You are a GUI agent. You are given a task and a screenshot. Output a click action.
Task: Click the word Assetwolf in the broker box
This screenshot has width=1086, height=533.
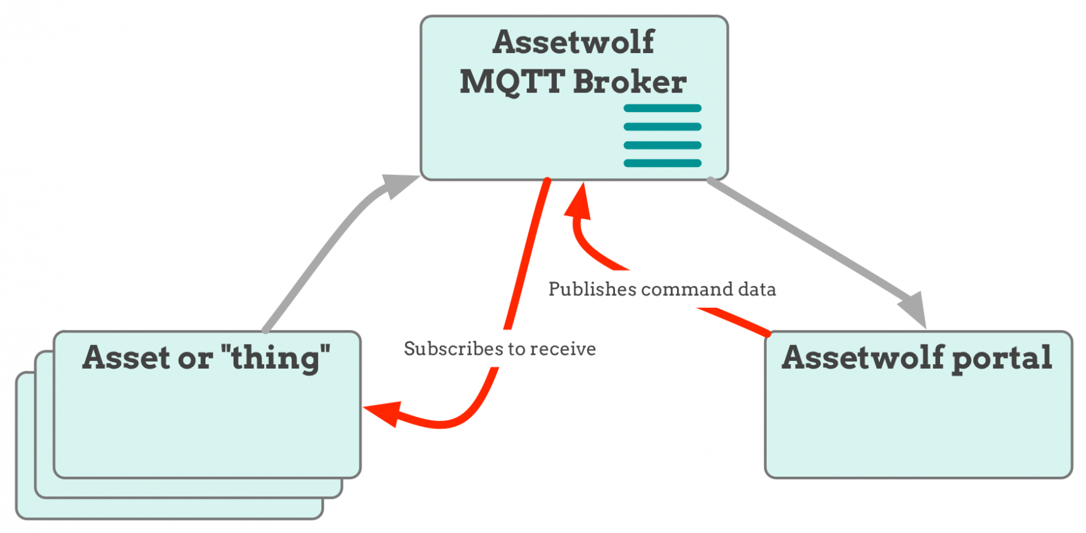573,42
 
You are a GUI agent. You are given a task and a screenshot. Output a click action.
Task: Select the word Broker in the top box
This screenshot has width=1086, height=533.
629,83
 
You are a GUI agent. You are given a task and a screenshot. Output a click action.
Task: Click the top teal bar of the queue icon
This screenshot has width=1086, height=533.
662,108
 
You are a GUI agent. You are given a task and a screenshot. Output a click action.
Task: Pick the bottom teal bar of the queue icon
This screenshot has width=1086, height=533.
662,163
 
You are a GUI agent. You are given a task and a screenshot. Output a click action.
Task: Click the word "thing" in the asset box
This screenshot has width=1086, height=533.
275,358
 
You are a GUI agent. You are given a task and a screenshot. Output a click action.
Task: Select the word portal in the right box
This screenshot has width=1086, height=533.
1001,358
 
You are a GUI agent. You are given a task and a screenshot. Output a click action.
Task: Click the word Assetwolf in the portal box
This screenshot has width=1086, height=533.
863,358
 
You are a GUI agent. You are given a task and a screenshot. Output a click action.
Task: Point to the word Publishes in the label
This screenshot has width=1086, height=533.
592,289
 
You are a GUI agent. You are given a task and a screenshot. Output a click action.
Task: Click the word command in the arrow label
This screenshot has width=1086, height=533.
687,289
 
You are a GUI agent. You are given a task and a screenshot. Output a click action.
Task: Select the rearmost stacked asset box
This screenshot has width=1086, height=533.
26,511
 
